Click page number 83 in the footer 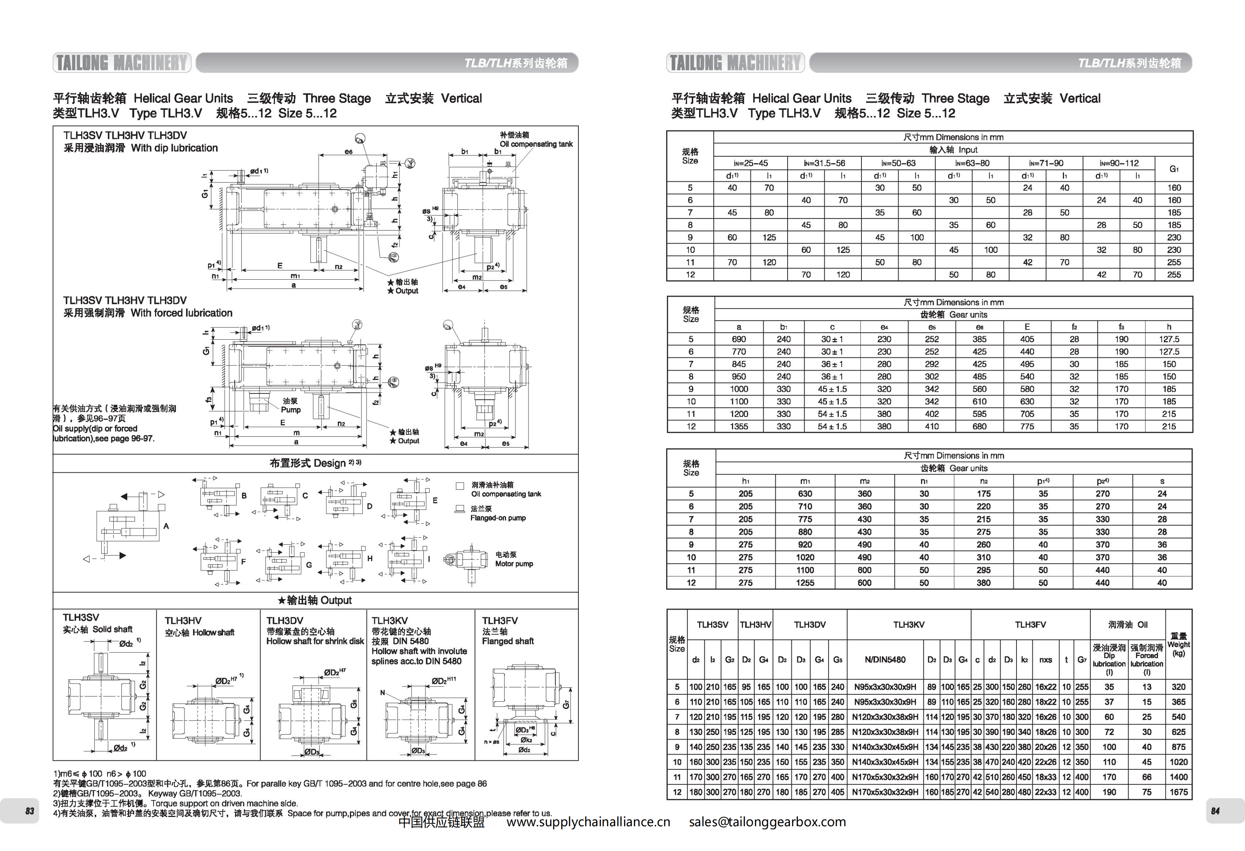(30, 811)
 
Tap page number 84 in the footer (1216, 811)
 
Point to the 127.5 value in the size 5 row (1169, 339)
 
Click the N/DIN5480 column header (885, 660)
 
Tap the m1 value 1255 (805, 583)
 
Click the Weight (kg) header (1178, 645)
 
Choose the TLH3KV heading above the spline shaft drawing (389, 620)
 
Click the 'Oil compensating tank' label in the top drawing (536, 144)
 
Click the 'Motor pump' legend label (514, 564)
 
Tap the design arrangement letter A (166, 526)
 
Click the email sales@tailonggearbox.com (767, 822)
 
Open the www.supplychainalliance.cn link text (588, 822)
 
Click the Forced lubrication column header (1146, 660)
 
